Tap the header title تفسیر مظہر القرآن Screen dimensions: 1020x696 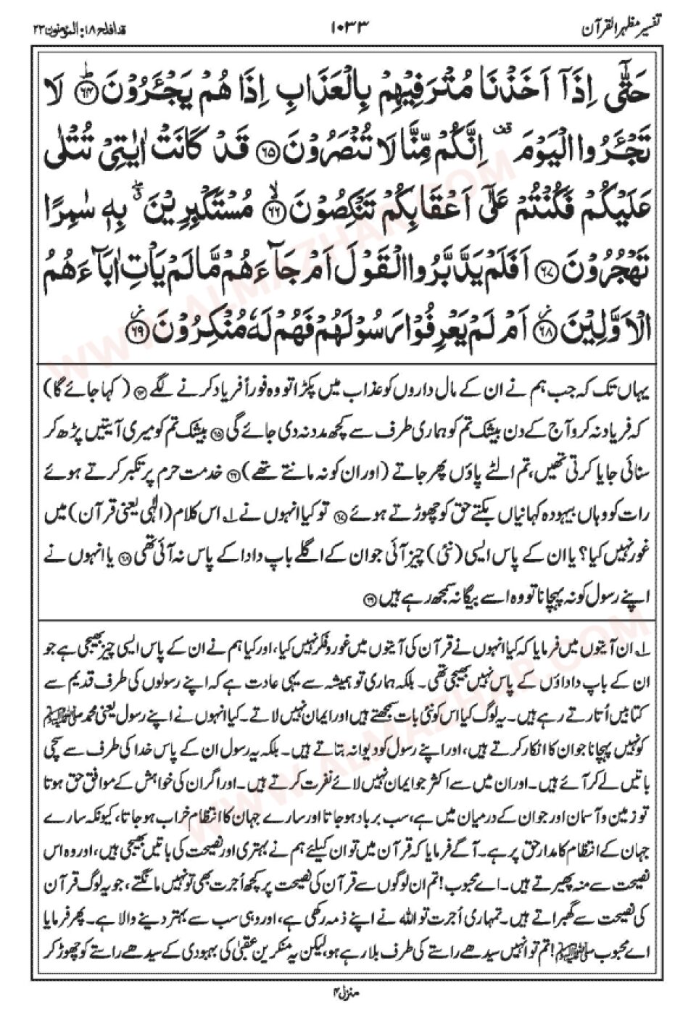click(626, 29)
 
